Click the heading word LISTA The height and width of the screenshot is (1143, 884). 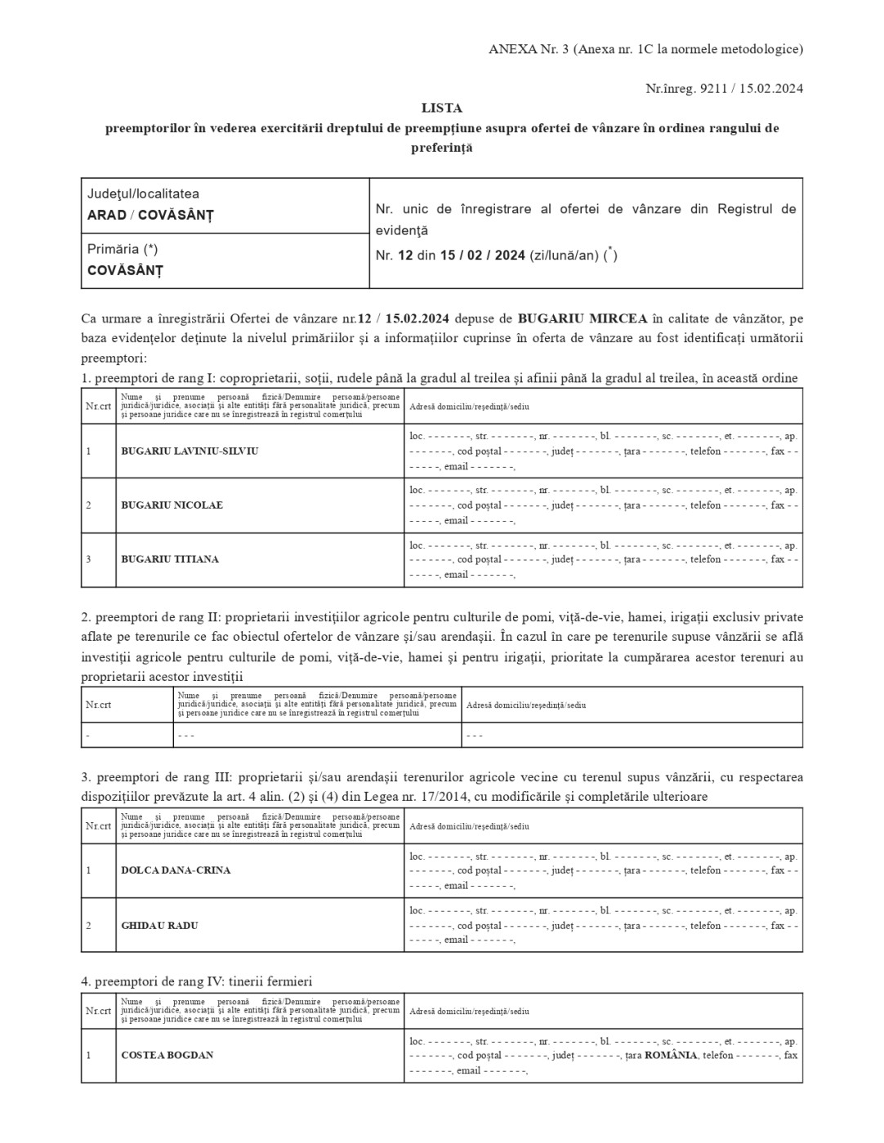[441, 108]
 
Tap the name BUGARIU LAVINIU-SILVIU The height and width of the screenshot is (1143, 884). [190, 451]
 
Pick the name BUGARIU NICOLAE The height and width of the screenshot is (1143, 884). [172, 505]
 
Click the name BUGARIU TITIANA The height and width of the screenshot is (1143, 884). [170, 559]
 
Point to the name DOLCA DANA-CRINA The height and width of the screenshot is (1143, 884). [176, 870]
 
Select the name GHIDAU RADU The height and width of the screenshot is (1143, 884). [159, 926]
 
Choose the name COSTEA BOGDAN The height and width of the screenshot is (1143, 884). [167, 1055]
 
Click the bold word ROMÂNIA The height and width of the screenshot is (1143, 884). [671, 1055]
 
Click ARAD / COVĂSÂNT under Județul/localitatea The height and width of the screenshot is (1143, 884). [150, 216]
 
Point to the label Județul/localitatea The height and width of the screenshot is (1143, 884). [143, 194]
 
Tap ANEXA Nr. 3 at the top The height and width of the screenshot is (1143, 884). [528, 49]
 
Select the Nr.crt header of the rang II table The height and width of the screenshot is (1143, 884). [99, 705]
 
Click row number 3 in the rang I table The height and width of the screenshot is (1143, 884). [88, 559]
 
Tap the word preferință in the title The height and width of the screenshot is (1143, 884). [441, 149]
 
